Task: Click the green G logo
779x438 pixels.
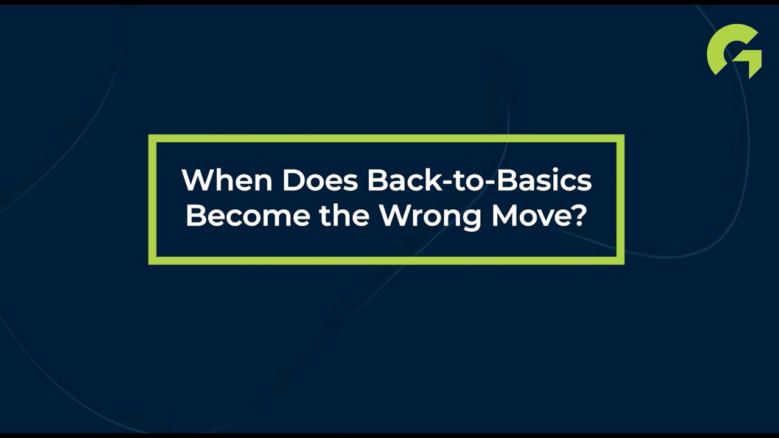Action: pyautogui.click(x=734, y=50)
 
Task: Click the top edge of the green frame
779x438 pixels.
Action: pyautogui.click(x=386, y=139)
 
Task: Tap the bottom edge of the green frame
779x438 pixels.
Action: pyautogui.click(x=386, y=260)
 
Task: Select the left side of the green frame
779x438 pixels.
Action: pyautogui.click(x=153, y=200)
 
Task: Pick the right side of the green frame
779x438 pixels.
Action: pyautogui.click(x=620, y=200)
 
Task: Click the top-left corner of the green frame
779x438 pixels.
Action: pyautogui.click(x=153, y=139)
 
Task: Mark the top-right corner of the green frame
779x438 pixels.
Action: pyautogui.click(x=620, y=139)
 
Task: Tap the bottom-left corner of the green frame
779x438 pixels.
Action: pyautogui.click(x=153, y=260)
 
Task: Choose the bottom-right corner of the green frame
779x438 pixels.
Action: pyautogui.click(x=620, y=260)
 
